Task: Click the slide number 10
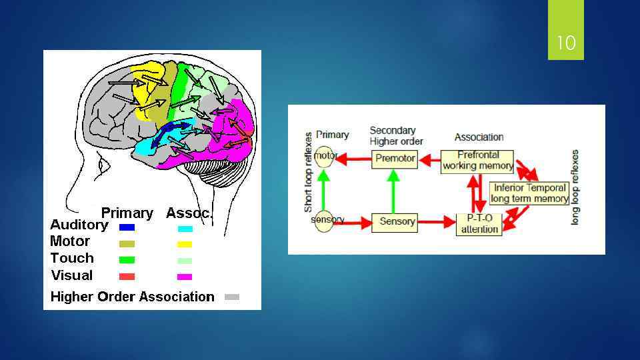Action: click(x=565, y=44)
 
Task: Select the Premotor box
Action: click(x=395, y=159)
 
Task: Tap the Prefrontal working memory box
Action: click(x=477, y=161)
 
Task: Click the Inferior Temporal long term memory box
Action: click(x=529, y=193)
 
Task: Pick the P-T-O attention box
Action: click(x=479, y=224)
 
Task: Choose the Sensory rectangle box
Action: click(x=397, y=221)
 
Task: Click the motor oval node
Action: click(x=324, y=157)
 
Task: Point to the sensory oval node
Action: click(x=325, y=220)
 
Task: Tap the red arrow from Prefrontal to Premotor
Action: click(x=429, y=159)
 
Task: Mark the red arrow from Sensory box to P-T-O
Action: click(x=437, y=222)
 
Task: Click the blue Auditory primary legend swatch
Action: click(x=127, y=227)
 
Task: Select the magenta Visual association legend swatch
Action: click(x=185, y=277)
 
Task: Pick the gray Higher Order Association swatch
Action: click(x=231, y=297)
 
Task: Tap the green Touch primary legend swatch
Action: click(x=127, y=260)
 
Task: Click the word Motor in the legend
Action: click(x=70, y=241)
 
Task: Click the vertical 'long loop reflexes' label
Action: click(x=575, y=187)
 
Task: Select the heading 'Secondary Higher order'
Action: click(x=396, y=135)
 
